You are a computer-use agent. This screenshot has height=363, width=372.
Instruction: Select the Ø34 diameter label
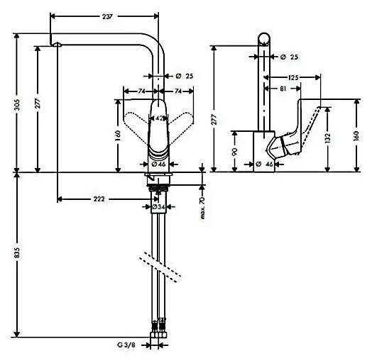tap(161, 207)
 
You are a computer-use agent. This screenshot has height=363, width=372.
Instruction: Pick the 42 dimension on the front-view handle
tap(161, 118)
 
